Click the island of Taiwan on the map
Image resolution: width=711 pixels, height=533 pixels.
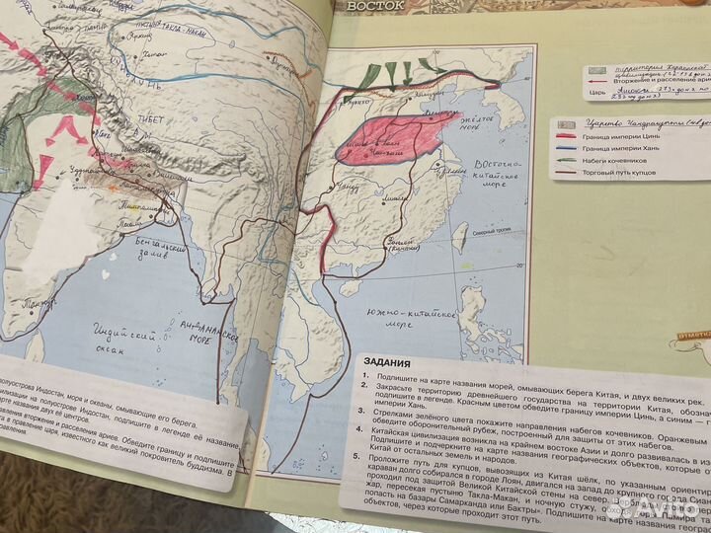[x=460, y=236]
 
